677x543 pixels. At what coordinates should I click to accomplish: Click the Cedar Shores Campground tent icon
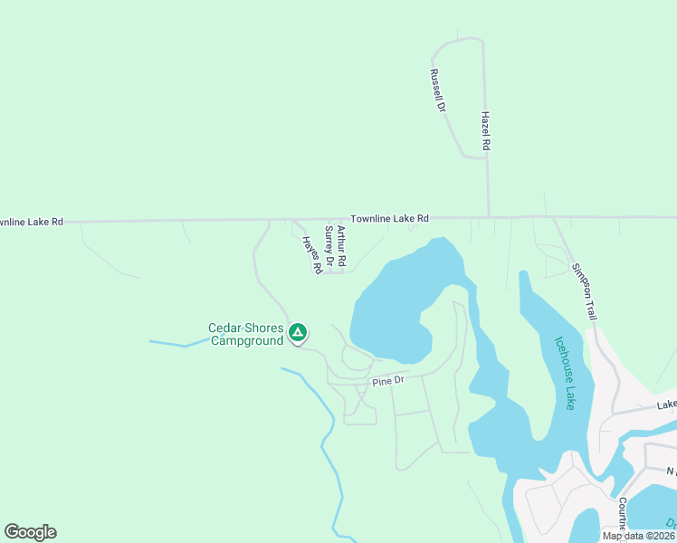pos(297,333)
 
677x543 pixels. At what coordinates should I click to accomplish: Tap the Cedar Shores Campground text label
pos(246,335)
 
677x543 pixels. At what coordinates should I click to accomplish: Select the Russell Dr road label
pos(438,90)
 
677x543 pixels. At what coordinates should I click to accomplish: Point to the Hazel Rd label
pos(486,131)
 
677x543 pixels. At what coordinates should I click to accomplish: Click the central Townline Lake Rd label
pos(389,218)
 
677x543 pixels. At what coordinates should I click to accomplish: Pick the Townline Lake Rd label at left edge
pos(32,221)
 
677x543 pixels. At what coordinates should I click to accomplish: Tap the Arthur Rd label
pos(341,244)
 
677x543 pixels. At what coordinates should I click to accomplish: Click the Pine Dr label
pos(386,381)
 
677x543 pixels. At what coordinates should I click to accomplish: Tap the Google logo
pos(30,532)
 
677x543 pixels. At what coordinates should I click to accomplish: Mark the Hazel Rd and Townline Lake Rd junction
pos(489,217)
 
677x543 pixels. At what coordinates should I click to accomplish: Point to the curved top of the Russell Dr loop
pos(460,40)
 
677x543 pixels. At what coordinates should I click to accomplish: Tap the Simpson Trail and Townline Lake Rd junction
pos(554,217)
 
